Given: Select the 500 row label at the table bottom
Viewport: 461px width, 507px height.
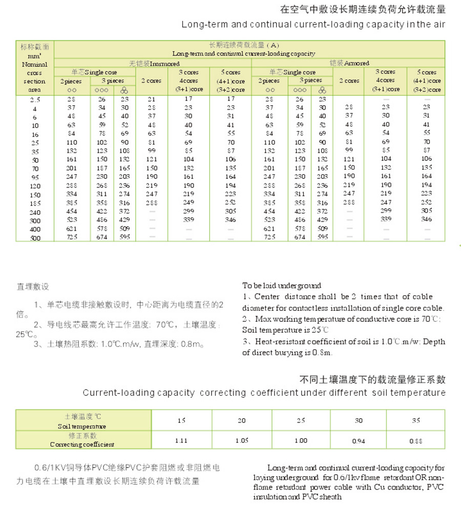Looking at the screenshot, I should pos(35,238).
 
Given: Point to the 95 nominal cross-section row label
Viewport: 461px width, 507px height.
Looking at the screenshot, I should pos(35,177).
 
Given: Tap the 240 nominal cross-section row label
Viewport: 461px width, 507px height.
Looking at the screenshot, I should pos(35,212).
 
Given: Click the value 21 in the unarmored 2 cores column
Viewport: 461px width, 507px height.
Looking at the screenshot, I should pos(151,99).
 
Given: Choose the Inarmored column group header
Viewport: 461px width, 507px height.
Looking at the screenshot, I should pos(152,63).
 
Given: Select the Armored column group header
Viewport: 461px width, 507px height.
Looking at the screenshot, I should pos(349,63).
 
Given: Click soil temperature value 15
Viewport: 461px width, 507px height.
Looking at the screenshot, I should pos(182,420).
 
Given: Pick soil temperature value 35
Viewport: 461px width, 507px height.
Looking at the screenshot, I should pos(415,420).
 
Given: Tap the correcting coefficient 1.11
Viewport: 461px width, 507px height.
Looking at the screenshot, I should pos(181,440).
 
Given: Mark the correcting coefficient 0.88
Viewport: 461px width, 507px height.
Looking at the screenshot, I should pos(415,440).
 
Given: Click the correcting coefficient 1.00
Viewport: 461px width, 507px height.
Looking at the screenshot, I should pos(301,440).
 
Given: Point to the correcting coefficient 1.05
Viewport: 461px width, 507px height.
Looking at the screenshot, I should pos(241,440).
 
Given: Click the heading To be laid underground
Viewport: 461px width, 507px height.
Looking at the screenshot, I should pos(282,286).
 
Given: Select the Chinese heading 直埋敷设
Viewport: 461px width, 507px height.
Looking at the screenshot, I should pos(33,287).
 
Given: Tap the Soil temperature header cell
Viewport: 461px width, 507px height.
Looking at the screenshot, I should pos(82,421).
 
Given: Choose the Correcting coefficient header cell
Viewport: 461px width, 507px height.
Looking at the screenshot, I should pos(82,440).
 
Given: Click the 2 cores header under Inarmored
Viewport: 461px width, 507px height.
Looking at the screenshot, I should pos(151,80).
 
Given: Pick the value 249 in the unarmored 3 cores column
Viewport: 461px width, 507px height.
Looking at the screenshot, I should pos(188,202).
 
